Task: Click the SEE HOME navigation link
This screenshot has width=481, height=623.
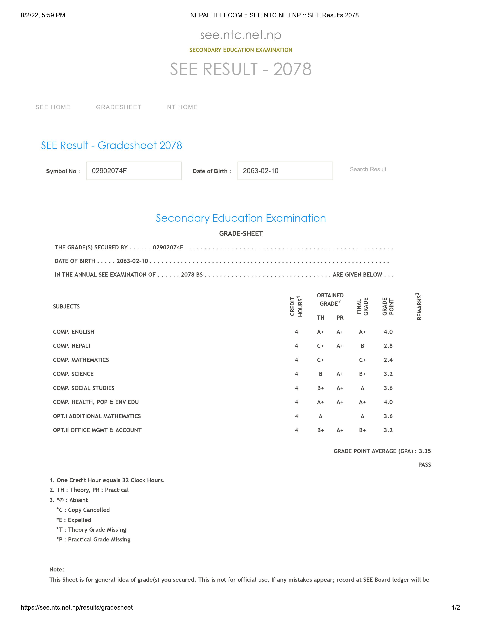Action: click(53, 107)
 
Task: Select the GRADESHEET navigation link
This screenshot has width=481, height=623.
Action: click(118, 107)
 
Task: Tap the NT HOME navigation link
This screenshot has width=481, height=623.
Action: click(182, 107)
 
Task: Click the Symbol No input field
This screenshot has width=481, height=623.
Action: click(134, 171)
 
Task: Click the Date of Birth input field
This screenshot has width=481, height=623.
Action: click(285, 171)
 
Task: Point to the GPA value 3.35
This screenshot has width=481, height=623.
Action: click(425, 451)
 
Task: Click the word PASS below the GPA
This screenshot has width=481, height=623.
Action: click(424, 465)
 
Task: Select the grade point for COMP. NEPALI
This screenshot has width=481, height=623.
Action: click(388, 346)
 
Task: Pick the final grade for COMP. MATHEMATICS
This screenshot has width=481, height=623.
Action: click(362, 360)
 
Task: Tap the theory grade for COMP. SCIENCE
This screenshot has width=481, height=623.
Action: click(320, 374)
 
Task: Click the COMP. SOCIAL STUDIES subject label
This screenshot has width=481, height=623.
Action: click(84, 388)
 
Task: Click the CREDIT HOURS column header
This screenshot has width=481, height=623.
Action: click(296, 306)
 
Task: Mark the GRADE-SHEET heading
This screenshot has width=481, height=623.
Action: click(241, 234)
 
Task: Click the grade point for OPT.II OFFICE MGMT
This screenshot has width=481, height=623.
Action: click(388, 430)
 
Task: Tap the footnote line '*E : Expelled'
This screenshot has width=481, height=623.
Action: click(74, 520)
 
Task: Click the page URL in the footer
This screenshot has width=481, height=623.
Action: click(77, 608)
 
